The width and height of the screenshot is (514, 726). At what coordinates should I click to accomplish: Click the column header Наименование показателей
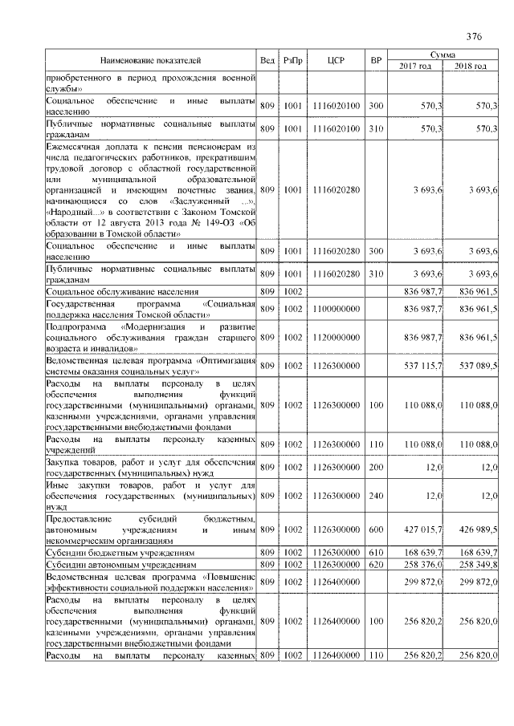(151, 60)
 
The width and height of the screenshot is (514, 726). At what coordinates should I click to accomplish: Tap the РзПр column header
(292, 60)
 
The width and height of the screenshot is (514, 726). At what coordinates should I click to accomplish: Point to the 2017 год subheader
(415, 66)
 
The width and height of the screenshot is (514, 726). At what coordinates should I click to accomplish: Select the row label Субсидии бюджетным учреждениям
(120, 553)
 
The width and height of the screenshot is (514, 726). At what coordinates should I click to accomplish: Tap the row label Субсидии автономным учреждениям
(120, 566)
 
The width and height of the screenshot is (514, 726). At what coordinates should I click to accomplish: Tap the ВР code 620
(375, 566)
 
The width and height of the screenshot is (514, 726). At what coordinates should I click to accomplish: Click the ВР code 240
(375, 497)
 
